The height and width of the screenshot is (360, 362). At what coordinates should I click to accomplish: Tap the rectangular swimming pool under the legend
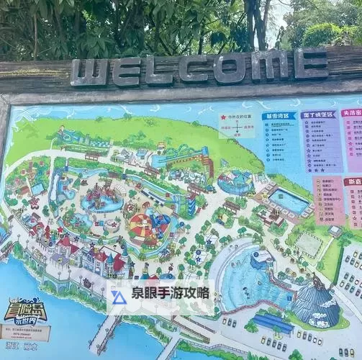point(289,201)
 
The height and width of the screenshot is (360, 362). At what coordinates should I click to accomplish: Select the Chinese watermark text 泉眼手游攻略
point(171,293)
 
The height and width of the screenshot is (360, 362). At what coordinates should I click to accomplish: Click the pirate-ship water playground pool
point(101,199)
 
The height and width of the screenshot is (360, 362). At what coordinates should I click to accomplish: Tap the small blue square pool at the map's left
point(37,189)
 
